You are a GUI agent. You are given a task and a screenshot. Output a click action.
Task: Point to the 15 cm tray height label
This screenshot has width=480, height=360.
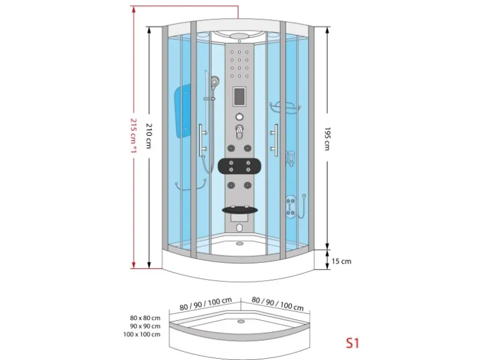point(342,262)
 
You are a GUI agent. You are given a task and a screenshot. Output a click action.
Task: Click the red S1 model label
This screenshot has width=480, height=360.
point(353,342)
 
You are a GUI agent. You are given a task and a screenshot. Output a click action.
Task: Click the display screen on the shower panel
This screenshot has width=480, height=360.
point(239,97)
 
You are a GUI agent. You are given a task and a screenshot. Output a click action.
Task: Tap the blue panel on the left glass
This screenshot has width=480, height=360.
point(183,113)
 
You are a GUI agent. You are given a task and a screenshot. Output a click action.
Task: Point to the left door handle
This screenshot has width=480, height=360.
point(201,140)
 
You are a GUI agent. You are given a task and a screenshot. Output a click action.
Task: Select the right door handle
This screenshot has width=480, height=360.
point(275,140)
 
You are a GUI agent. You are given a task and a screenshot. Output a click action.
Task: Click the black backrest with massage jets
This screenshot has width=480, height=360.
point(239,167)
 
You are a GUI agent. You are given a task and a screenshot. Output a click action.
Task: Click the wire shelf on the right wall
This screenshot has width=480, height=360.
point(285,108)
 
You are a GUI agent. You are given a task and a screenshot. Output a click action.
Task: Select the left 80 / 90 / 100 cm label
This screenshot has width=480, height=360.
point(201,306)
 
